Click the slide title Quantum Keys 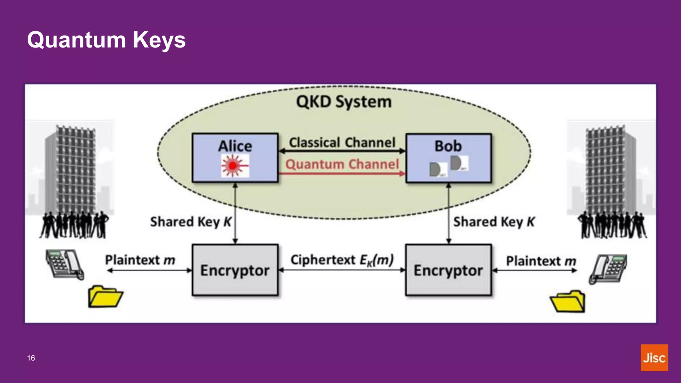click(106, 40)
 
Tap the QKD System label click(343, 102)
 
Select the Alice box click(235, 158)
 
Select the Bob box click(448, 158)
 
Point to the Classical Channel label click(342, 143)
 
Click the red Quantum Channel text click(342, 164)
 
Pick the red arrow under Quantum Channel click(342, 174)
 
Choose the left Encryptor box click(235, 270)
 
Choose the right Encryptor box click(448, 270)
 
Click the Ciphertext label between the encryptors click(342, 260)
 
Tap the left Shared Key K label click(190, 222)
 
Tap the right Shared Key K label click(494, 222)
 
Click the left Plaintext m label click(140, 260)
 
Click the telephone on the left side click(65, 264)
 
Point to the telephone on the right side click(608, 269)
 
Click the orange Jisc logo click(654, 358)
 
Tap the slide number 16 click(31, 358)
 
